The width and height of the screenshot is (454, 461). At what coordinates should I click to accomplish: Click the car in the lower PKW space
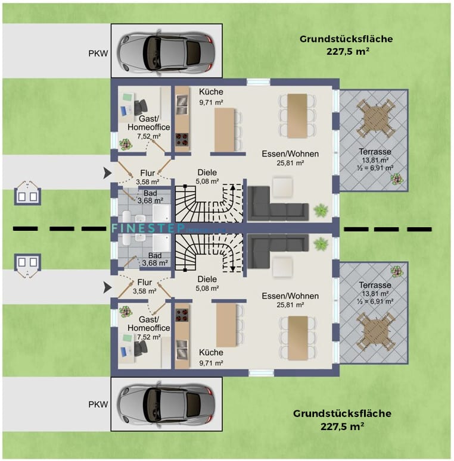pos(166,404)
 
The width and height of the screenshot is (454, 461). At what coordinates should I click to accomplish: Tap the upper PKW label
pos(98,52)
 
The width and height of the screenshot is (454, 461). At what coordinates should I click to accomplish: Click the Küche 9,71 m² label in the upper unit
pos(211,97)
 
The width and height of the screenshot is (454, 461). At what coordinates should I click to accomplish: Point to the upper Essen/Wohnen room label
pos(290,158)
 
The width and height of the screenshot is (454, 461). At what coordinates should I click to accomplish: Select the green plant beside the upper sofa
pos(321,210)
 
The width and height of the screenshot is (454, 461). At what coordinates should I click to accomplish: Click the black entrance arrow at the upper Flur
pos(106,173)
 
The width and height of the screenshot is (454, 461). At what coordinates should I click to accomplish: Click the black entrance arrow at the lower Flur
pos(106,288)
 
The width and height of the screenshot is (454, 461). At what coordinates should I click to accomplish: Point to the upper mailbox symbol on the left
pos(27,192)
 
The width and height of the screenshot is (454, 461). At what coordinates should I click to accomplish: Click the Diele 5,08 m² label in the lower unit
pos(207,284)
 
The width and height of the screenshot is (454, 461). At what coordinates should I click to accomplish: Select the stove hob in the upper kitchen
pos(182,140)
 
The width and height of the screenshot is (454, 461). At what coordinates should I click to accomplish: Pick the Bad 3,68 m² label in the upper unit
pos(148,197)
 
